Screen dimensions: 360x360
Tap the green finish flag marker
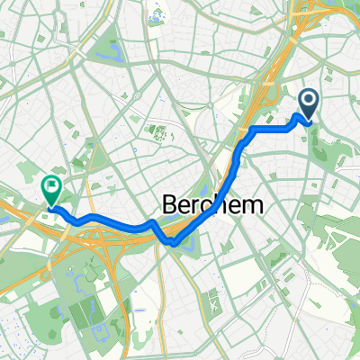click(51, 189)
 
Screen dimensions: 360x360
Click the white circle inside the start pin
click(308, 101)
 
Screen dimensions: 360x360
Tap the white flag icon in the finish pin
click(51, 185)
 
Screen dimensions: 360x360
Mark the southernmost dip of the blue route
click(172, 240)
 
